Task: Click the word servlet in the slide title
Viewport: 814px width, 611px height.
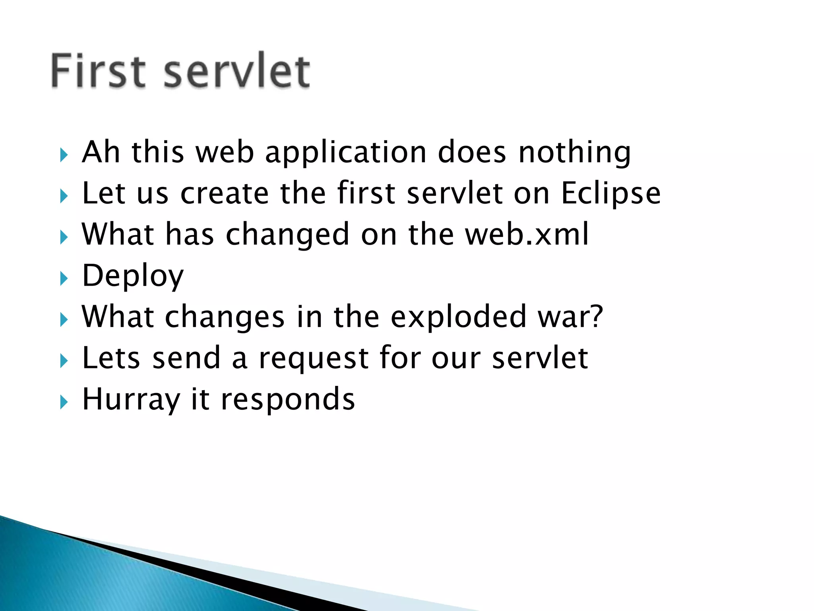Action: (237, 71)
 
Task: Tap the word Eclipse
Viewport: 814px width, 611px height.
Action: (610, 194)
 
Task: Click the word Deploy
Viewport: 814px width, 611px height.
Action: (133, 276)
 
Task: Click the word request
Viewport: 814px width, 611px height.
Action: (314, 358)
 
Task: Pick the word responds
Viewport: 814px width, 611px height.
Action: (288, 400)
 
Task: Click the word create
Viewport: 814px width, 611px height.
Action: (225, 194)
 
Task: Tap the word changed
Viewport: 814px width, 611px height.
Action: (288, 235)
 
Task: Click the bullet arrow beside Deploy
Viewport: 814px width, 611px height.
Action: (64, 279)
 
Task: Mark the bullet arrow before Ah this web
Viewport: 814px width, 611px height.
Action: (64, 155)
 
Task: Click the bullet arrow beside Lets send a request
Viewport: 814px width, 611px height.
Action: (64, 361)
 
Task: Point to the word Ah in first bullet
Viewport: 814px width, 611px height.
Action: (101, 152)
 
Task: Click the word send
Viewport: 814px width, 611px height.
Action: (186, 358)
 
